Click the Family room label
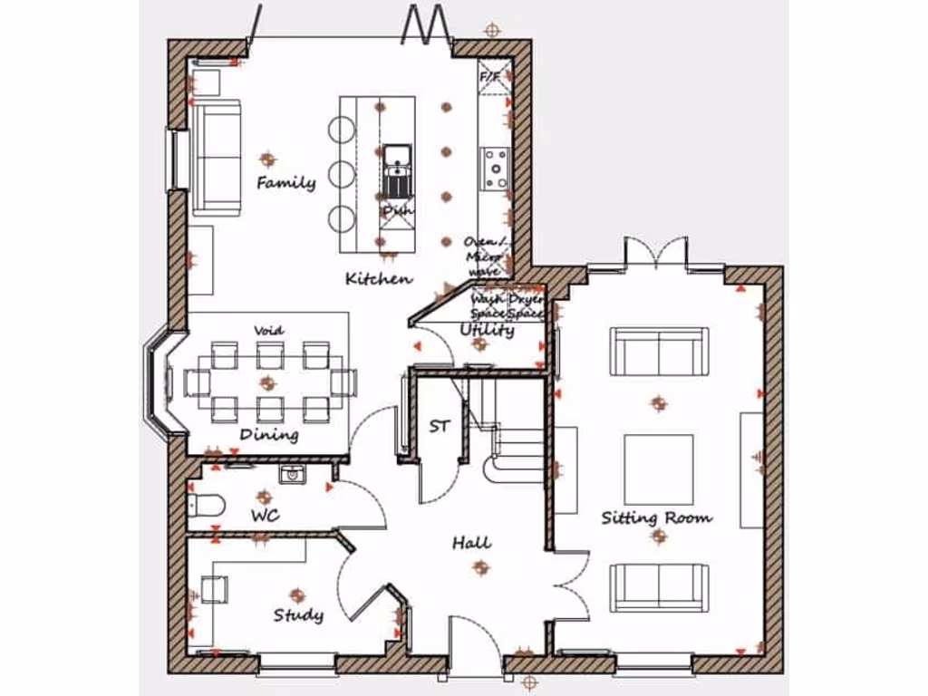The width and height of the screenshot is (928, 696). (x=285, y=183)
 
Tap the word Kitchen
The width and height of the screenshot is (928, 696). (x=379, y=279)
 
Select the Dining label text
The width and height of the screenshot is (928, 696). (x=269, y=435)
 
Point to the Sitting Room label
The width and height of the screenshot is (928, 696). (x=657, y=518)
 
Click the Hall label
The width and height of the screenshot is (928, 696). (x=472, y=543)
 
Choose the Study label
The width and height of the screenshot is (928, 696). (x=298, y=615)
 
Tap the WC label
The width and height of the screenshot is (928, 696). (x=265, y=516)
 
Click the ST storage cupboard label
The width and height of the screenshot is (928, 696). (x=440, y=426)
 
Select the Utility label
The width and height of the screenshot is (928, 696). (x=488, y=331)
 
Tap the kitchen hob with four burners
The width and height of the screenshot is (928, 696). (x=496, y=169)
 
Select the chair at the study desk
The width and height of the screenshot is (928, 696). (x=214, y=590)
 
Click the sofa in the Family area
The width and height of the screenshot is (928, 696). (x=215, y=157)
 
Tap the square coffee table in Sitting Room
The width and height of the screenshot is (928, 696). (x=659, y=469)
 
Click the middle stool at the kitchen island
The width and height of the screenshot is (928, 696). (x=342, y=173)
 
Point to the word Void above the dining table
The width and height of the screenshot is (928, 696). (x=269, y=331)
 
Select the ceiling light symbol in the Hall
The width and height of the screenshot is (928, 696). (x=480, y=567)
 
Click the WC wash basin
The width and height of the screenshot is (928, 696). (x=292, y=475)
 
